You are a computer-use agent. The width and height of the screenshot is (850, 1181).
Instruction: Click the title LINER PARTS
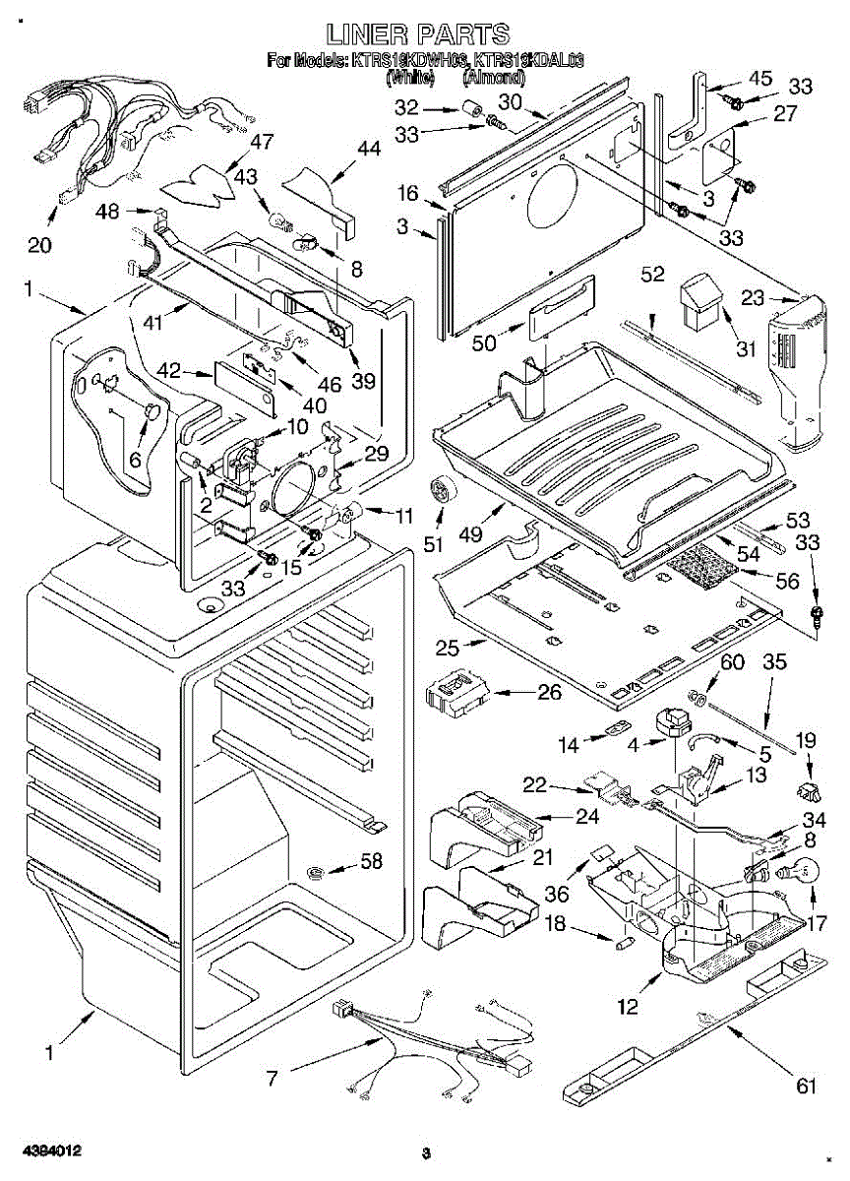(419, 34)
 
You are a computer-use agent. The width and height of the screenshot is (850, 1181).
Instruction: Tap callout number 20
(39, 245)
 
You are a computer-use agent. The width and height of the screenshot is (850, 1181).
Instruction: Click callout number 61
(807, 1087)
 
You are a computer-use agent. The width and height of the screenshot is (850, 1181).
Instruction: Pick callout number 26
(548, 693)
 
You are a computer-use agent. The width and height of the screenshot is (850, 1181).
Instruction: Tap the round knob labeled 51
(438, 489)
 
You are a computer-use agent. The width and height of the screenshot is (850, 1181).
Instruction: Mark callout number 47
(261, 143)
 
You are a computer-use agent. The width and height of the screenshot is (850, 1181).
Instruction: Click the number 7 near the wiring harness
(273, 1079)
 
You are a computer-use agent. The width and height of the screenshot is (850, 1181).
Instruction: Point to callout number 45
(760, 79)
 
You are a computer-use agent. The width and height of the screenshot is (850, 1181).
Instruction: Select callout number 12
(628, 1006)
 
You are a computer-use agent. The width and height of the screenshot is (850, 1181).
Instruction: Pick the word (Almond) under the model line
(485, 76)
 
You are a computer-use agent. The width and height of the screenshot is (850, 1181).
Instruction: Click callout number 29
(376, 454)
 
